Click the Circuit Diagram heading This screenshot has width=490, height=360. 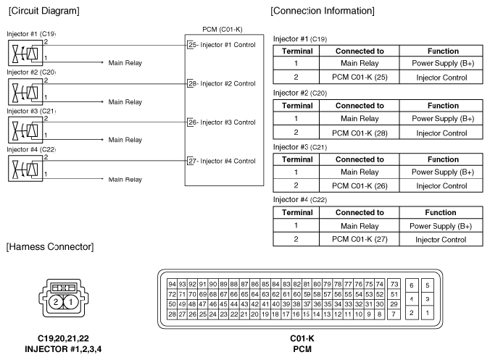[43, 12]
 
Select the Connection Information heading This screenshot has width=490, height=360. [322, 12]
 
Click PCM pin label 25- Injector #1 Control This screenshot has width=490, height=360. [221, 45]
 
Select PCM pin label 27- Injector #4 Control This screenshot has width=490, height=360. [221, 161]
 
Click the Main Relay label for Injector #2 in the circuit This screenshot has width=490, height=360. [125, 102]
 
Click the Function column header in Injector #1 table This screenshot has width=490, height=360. [442, 51]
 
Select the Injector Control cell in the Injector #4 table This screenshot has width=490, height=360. [442, 239]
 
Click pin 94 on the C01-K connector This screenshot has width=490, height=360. [172, 283]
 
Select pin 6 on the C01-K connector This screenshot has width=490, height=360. [412, 285]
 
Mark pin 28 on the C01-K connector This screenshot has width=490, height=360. [172, 314]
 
